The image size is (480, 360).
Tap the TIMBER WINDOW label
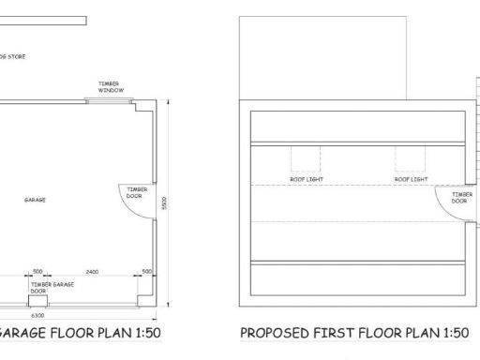110,87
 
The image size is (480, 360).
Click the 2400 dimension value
92,270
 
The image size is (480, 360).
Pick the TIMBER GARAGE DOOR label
52,286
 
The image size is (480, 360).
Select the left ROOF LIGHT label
306,178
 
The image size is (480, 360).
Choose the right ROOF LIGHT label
411,178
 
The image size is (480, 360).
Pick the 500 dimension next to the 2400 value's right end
146,270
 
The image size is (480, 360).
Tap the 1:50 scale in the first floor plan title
448,333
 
